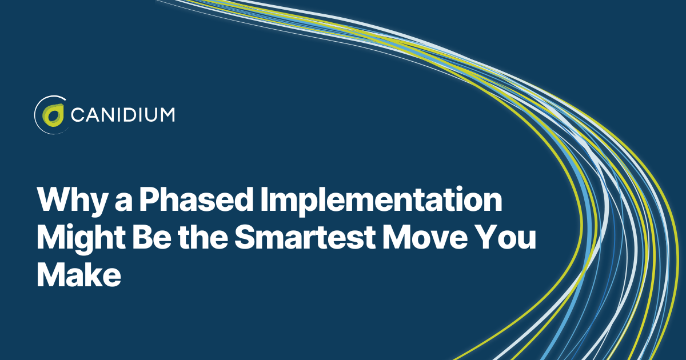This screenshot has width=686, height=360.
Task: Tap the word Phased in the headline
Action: (x=196, y=199)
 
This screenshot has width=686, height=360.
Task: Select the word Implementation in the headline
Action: (x=381, y=201)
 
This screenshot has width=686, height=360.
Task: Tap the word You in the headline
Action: (x=505, y=238)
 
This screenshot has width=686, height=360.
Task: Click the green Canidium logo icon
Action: (x=53, y=115)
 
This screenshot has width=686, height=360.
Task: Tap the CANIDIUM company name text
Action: (x=123, y=115)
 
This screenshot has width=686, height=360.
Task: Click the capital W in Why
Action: (x=56, y=199)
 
